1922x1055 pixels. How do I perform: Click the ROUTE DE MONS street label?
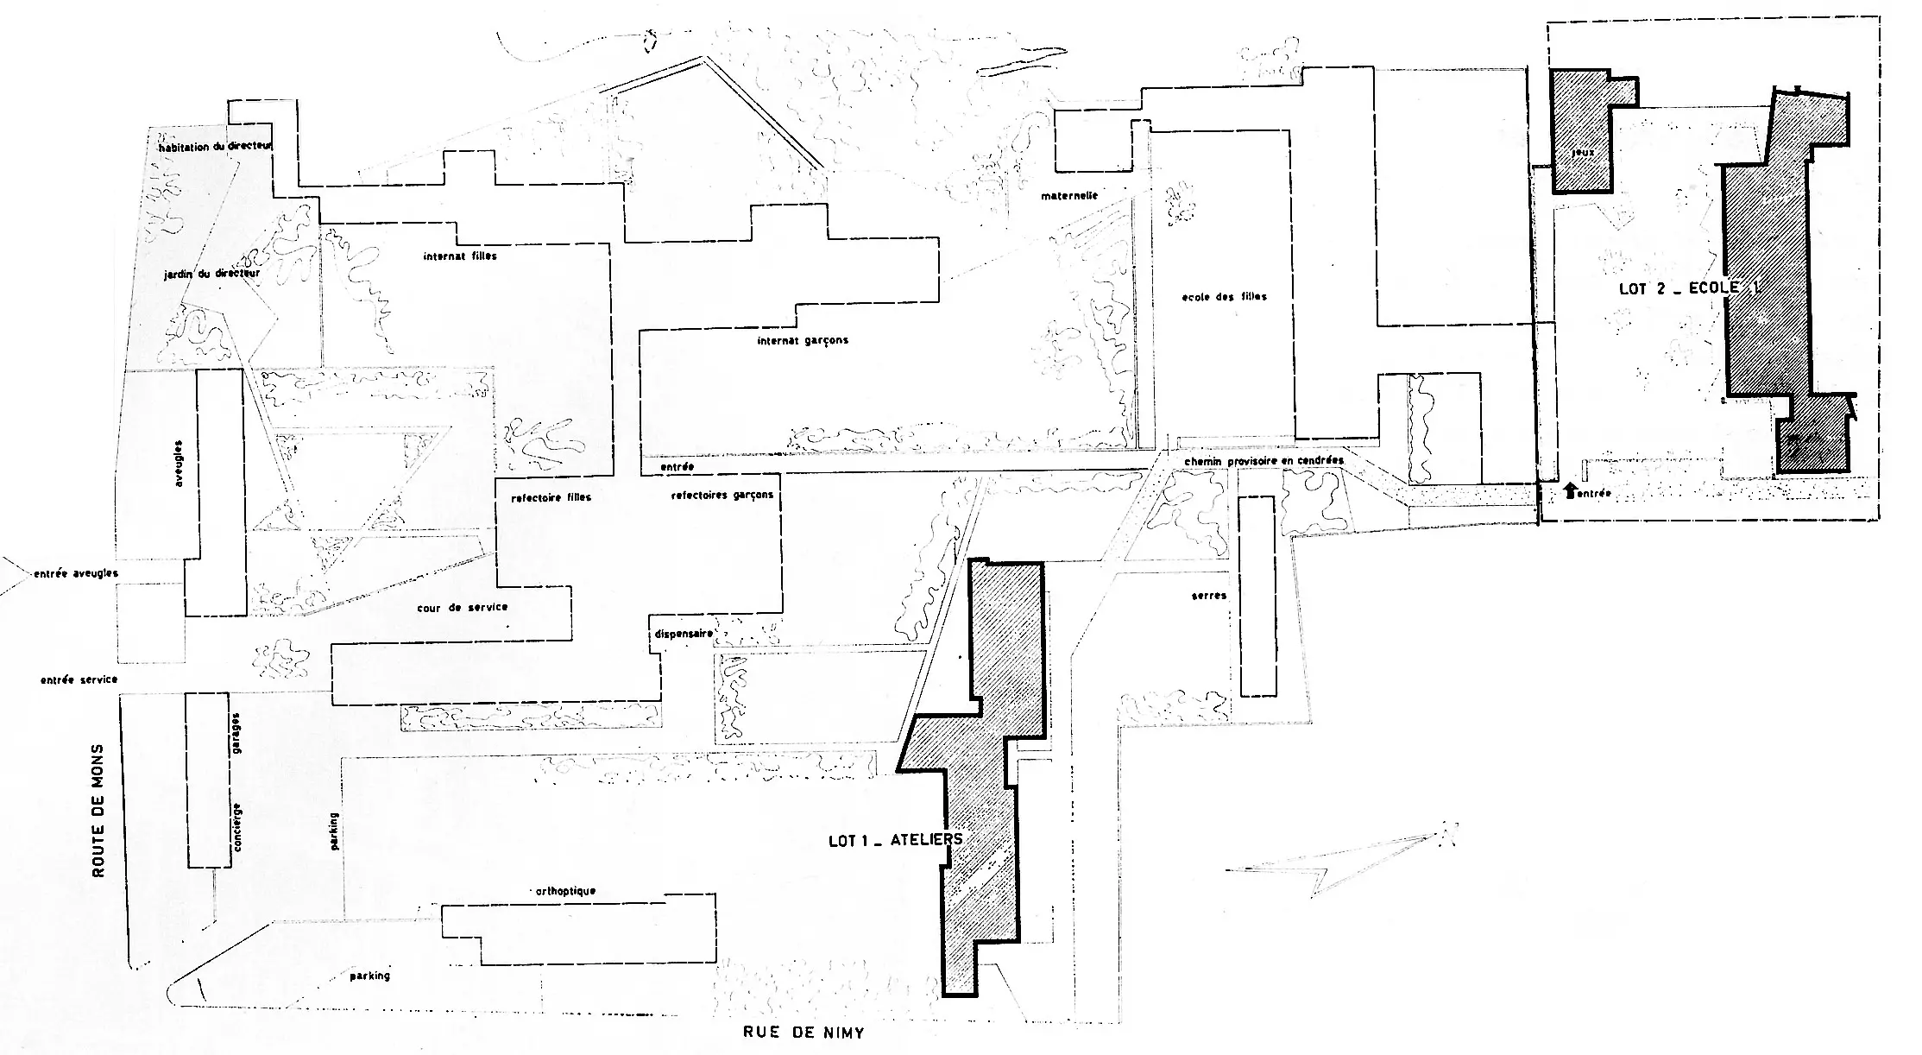pyautogui.click(x=98, y=811)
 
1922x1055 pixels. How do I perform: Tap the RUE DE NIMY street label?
pyautogui.click(x=803, y=1032)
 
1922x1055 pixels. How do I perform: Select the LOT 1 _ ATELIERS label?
pyautogui.click(x=895, y=839)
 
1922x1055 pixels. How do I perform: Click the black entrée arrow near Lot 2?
pyautogui.click(x=1570, y=492)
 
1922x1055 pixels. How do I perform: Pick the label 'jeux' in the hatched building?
pyautogui.click(x=1582, y=152)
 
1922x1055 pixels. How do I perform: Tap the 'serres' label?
pyautogui.click(x=1208, y=596)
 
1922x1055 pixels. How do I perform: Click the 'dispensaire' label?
pyautogui.click(x=684, y=633)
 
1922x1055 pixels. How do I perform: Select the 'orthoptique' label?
pyautogui.click(x=565, y=891)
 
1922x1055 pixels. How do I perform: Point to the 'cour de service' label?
pyautogui.click(x=462, y=608)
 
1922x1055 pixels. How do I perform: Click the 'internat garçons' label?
pyautogui.click(x=803, y=340)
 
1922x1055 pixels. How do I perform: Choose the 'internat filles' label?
pyautogui.click(x=460, y=256)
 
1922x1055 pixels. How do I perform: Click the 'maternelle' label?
pyautogui.click(x=1068, y=196)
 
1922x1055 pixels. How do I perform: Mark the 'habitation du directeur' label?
pyautogui.click(x=215, y=147)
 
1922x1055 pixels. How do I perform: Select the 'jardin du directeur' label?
pyautogui.click(x=211, y=274)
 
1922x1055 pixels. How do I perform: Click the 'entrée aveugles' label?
pyautogui.click(x=75, y=573)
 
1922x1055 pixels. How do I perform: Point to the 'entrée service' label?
pyautogui.click(x=79, y=679)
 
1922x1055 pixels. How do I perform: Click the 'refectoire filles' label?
pyautogui.click(x=551, y=498)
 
